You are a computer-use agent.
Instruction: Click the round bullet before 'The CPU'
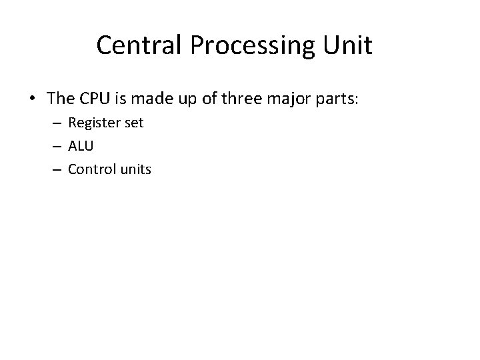32,99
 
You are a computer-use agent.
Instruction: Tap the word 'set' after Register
133,124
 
